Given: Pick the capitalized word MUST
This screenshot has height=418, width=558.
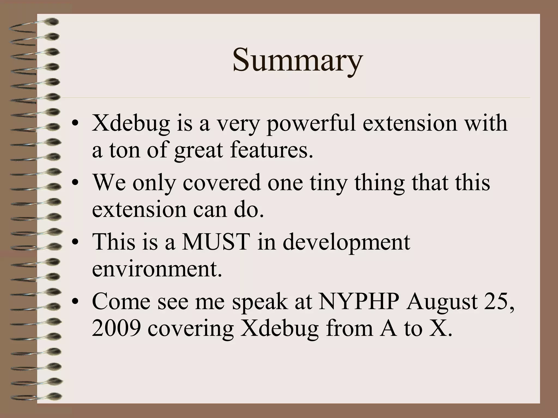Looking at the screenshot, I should click(x=216, y=242).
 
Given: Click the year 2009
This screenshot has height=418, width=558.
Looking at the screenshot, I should click(x=116, y=328).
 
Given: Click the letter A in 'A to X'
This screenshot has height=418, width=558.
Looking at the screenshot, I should click(x=388, y=328).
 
